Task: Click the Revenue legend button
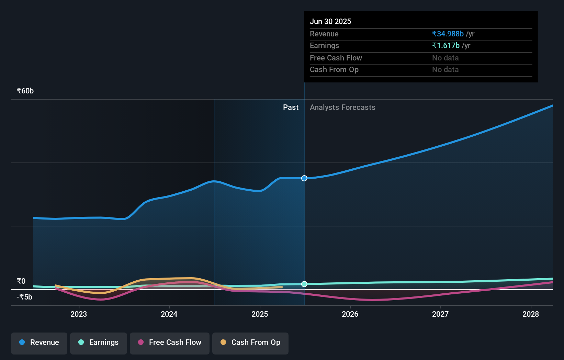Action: [x=39, y=342]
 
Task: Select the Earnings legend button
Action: [x=99, y=342]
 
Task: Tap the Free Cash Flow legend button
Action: [x=170, y=342]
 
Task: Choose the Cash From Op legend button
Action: [x=250, y=342]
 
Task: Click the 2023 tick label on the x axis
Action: [x=79, y=314]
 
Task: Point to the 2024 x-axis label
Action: [x=169, y=314]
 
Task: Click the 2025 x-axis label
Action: [x=260, y=314]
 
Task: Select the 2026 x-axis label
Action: [x=350, y=314]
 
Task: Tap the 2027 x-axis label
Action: [x=440, y=314]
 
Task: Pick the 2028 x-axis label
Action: [x=531, y=314]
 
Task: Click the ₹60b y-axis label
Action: [x=25, y=91]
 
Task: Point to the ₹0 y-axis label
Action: [x=21, y=281]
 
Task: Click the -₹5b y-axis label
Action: [x=24, y=297]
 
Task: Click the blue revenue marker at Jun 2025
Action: [x=304, y=178]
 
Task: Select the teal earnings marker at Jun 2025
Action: [x=304, y=284]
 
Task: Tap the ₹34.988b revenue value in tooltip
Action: [x=448, y=34]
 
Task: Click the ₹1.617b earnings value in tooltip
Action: [x=446, y=46]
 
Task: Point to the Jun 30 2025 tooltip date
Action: [x=330, y=22]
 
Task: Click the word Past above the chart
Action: [x=291, y=108]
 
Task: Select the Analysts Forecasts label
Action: [x=342, y=108]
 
